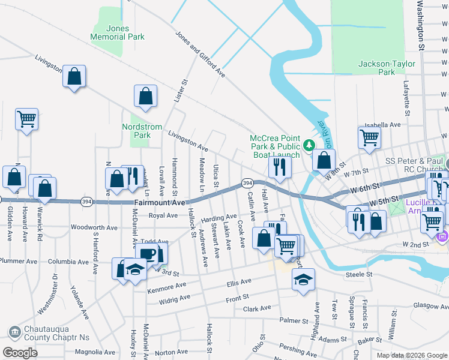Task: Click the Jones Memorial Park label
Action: [117, 32]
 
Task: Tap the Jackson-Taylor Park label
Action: [385, 68]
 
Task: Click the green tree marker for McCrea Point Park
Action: [309, 145]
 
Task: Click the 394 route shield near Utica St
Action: [246, 182]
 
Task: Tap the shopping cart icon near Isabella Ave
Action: [369, 137]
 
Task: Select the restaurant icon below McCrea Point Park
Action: [279, 166]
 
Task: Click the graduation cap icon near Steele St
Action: [304, 279]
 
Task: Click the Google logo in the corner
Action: [20, 353]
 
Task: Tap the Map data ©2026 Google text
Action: [411, 355]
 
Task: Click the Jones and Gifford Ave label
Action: [200, 55]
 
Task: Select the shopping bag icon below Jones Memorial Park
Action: [73, 77]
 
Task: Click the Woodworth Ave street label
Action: [94, 227]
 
